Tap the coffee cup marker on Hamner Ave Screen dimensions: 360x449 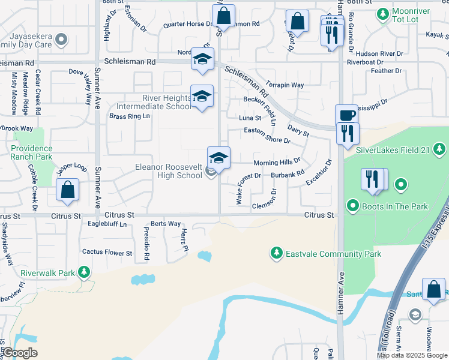pos(346,115)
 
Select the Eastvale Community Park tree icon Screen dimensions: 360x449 pos(276,253)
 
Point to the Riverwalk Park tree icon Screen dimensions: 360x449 pos(84,273)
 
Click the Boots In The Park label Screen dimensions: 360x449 pos(395,207)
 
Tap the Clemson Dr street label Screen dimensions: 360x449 pos(264,205)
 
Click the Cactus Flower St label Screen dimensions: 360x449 pos(107,253)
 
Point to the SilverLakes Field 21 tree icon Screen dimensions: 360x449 pos(440,148)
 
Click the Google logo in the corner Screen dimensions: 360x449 pos(19,353)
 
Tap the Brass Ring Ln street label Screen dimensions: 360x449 pos(129,116)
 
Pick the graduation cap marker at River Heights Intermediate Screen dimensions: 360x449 pos(202,97)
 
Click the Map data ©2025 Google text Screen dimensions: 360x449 pos(412,355)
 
